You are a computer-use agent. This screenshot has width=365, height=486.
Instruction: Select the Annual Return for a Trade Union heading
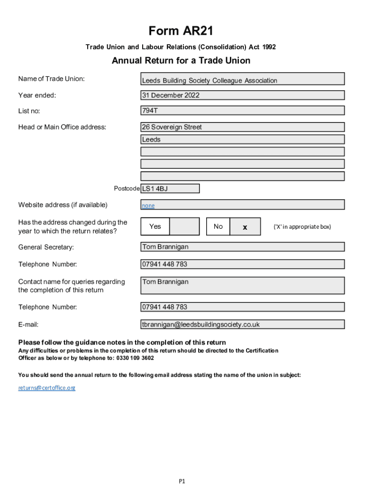pos(181,61)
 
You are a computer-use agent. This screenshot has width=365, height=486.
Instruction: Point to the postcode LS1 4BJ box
pos(170,188)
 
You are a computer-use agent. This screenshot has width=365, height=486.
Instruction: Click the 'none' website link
pos(148,206)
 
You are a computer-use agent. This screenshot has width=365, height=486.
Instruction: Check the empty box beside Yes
pos(184,226)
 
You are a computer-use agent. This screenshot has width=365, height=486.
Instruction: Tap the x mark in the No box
pos(245,227)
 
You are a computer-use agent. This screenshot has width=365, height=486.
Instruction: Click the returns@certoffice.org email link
pos(47,388)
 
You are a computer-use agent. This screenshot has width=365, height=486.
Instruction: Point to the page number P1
pos(182,481)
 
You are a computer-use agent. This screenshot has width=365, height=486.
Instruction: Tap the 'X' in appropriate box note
pos(302,227)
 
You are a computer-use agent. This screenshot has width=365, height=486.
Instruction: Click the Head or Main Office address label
pos(62,127)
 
